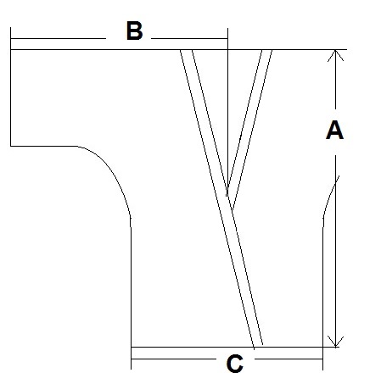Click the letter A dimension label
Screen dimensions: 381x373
tap(334, 130)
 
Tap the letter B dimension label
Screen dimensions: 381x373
tap(134, 31)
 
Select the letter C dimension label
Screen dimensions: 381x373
tap(235, 364)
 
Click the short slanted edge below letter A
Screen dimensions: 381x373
tap(330, 197)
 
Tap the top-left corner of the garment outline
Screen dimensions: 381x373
tap(11, 50)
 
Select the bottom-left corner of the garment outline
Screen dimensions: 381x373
tap(131, 347)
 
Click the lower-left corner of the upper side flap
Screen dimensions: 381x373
tap(11, 146)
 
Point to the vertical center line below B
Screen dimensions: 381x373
tap(227, 112)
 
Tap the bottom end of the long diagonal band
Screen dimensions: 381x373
tap(258, 346)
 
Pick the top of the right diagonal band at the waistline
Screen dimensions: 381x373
tap(267, 50)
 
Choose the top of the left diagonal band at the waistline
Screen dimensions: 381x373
tap(186, 50)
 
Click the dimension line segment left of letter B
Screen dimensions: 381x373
tap(58, 38)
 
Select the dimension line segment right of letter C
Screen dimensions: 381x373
tap(289, 359)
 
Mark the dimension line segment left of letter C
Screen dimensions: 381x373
tap(173, 359)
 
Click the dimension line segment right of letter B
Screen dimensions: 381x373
tap(189, 38)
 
